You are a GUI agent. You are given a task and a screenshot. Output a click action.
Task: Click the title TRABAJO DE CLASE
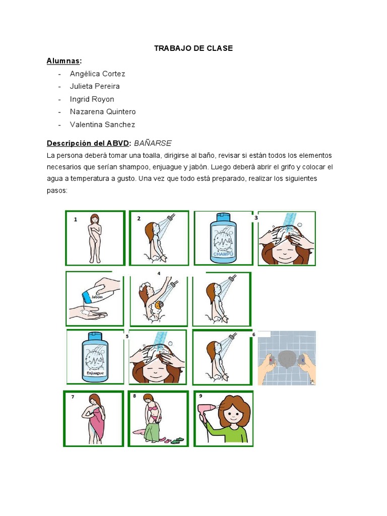[193, 48]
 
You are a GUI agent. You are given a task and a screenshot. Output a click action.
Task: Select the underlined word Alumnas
[63, 61]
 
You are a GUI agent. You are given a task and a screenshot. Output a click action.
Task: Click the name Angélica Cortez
[97, 74]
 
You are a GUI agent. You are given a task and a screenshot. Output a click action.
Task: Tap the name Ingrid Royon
[92, 99]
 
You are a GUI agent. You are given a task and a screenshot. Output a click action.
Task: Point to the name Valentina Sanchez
[102, 124]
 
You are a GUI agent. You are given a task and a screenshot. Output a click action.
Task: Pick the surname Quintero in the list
[120, 112]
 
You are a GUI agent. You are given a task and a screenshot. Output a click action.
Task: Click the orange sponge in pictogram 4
[160, 305]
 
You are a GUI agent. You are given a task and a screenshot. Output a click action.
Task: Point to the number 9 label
[201, 396]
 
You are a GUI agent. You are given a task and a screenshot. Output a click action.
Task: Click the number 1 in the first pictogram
[76, 220]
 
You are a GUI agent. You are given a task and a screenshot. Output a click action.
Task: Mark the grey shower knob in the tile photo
[288, 358]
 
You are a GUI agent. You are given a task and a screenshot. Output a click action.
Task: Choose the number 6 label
[253, 334]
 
